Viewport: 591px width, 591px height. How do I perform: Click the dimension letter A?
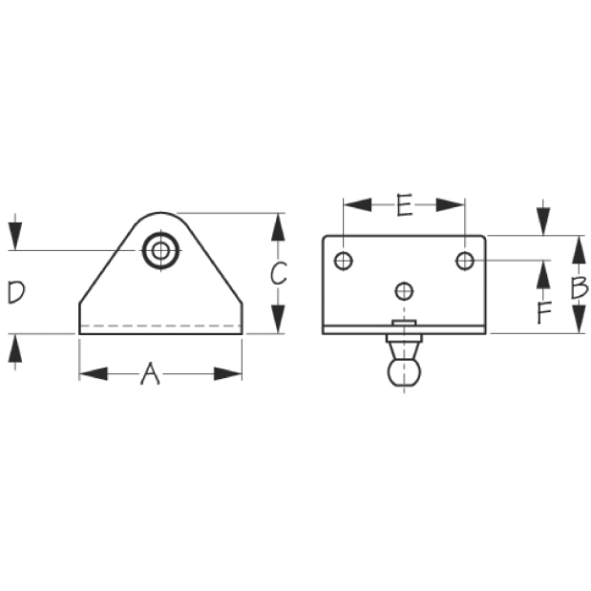[x=151, y=373]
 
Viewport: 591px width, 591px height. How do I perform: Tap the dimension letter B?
[x=579, y=287]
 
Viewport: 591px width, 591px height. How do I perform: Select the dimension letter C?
[x=279, y=273]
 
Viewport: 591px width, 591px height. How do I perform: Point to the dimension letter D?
[x=16, y=292]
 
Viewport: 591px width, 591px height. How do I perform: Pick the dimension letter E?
[x=404, y=205]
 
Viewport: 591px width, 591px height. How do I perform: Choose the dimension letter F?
[x=544, y=312]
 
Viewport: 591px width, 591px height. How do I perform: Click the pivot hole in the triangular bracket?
[x=161, y=251]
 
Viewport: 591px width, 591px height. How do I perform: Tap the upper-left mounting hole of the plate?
[x=344, y=261]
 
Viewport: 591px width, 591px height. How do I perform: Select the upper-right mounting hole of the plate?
[x=465, y=261]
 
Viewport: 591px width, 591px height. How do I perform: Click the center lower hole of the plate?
[x=404, y=291]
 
